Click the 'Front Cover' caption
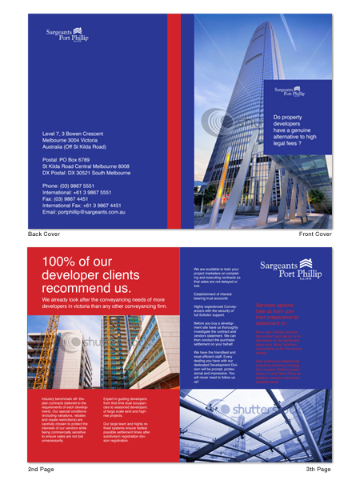pos(315,234)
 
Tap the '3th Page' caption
pos(318,468)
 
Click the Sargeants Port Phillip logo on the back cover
pos(67,34)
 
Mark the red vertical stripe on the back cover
pos(174,120)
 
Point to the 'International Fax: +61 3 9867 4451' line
pos(83,206)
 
